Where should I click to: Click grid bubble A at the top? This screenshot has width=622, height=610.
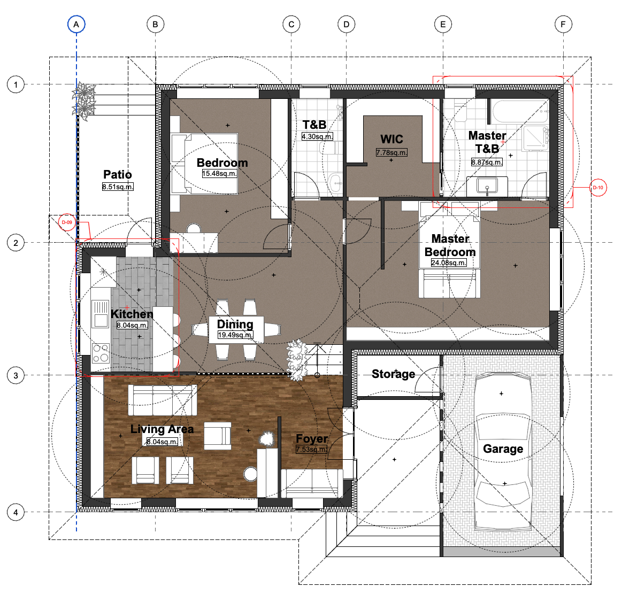tap(76, 24)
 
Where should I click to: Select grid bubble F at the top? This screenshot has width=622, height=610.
tap(563, 24)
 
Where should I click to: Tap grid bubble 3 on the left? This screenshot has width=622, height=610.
tap(16, 375)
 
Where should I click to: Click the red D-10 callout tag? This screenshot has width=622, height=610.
tap(598, 187)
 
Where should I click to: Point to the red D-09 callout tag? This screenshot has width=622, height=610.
tap(67, 222)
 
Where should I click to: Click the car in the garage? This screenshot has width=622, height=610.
tap(503, 451)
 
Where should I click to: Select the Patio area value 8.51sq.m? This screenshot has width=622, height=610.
tap(118, 187)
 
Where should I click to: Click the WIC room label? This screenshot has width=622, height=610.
tap(391, 139)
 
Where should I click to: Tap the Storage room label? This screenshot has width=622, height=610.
tap(393, 374)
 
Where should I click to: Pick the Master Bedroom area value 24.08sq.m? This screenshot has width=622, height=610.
tap(449, 262)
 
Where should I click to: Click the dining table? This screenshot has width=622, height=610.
tap(236, 329)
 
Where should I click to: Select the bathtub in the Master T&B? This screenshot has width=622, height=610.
tap(520, 111)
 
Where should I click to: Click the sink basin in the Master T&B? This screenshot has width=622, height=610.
tap(487, 186)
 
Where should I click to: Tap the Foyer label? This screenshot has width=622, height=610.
tap(312, 439)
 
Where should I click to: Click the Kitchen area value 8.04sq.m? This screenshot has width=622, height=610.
tap(132, 325)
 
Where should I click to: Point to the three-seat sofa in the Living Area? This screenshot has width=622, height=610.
tap(162, 400)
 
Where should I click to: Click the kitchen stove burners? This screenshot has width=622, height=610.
tap(101, 353)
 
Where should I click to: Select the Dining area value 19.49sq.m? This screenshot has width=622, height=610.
tap(235, 335)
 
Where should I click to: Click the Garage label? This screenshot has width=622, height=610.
tap(503, 449)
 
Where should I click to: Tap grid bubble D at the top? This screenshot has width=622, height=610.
tap(347, 24)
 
